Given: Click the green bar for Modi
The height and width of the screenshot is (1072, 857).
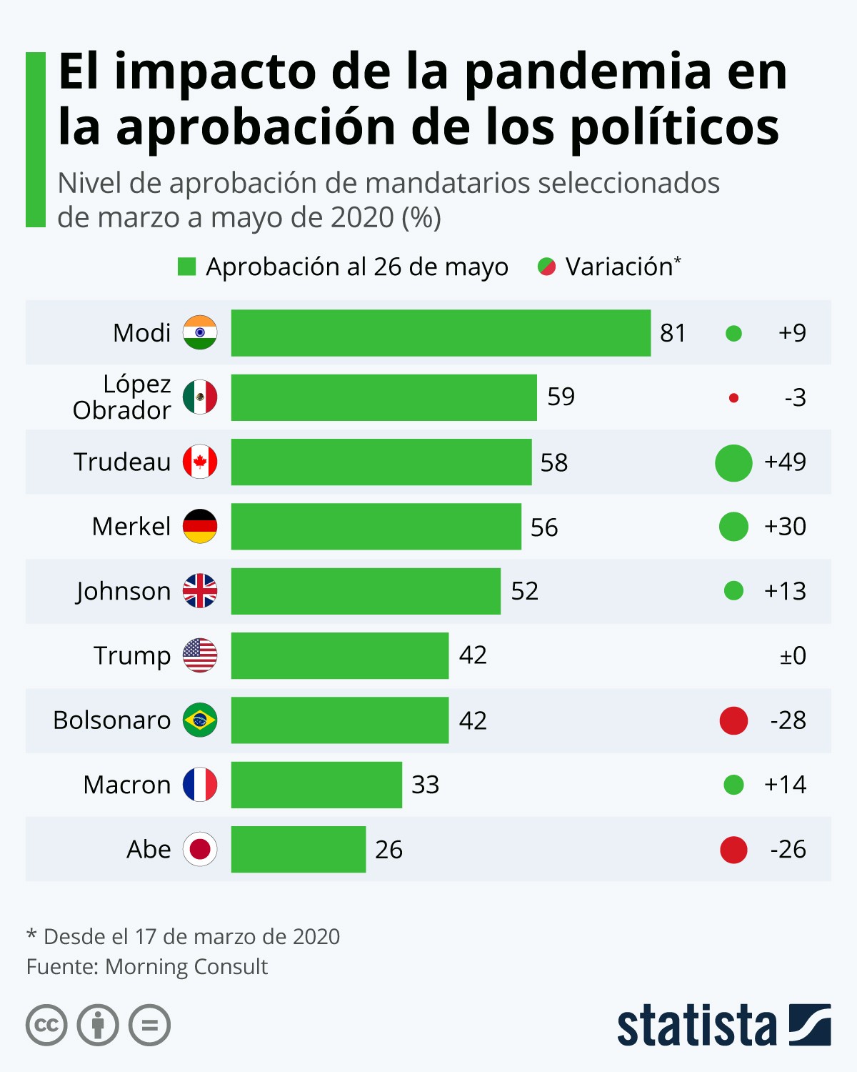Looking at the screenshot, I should [x=441, y=333].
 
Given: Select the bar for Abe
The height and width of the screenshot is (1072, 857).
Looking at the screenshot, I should [x=299, y=849].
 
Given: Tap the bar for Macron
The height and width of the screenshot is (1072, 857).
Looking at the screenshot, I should [x=316, y=785].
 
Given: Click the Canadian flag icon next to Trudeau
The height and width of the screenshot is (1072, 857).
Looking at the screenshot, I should [x=200, y=462].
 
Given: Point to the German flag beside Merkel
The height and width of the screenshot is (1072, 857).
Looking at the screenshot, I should [x=200, y=527].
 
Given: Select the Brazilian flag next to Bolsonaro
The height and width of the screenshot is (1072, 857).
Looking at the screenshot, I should [x=200, y=720].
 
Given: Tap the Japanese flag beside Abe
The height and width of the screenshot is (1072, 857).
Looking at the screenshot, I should [x=200, y=849].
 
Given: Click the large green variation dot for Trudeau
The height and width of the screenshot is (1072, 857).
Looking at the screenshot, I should [x=733, y=462].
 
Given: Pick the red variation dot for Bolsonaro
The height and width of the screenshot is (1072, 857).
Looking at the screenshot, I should [x=733, y=720].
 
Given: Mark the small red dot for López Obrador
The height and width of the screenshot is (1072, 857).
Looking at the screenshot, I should [x=733, y=398].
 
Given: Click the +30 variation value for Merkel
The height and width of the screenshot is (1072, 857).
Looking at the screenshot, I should [x=785, y=527].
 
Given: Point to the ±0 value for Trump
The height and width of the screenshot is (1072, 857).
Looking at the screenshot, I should [x=793, y=655].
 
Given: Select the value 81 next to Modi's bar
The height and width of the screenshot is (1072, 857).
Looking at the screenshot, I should [x=673, y=333].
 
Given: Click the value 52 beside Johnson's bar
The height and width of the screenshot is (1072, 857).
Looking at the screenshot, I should [x=525, y=591].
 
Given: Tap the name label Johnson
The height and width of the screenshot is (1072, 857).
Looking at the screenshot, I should [x=124, y=591].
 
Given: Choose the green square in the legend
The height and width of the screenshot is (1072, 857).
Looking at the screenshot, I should [x=186, y=267].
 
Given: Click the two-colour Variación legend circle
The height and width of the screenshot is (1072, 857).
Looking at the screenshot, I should [x=547, y=267].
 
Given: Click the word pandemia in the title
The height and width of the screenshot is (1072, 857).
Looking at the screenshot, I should [x=588, y=71].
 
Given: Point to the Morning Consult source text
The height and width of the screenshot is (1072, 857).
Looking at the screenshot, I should [x=186, y=966].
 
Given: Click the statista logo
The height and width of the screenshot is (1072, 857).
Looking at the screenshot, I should [x=723, y=1026].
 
